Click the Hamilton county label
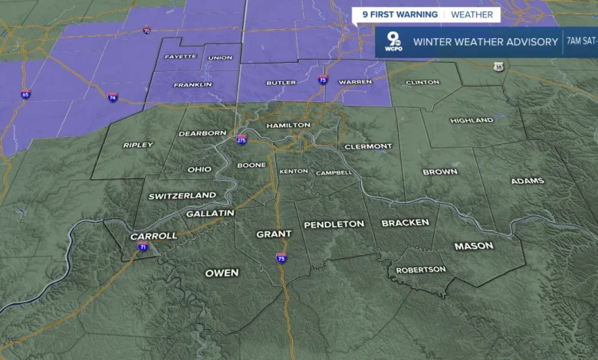pyautogui.click(x=288, y=125)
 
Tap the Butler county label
pyautogui.click(x=280, y=83)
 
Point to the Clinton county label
pyautogui.click(x=422, y=82)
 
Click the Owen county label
pyautogui.click(x=222, y=273)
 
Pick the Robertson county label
pyautogui.click(x=420, y=270)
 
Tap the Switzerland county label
pyautogui.click(x=182, y=196)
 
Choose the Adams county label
pyautogui.click(x=527, y=181)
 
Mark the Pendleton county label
pyautogui.click(x=333, y=224)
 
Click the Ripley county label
pyautogui.click(x=138, y=145)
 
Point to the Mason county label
pyautogui.click(x=474, y=246)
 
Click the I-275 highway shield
pyautogui.click(x=241, y=140)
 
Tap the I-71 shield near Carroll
pyautogui.click(x=143, y=247)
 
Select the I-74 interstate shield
pyautogui.click(x=113, y=97)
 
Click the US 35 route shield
pyautogui.click(x=499, y=67)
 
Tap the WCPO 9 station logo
pyautogui.click(x=393, y=41)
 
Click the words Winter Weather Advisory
pyautogui.click(x=485, y=41)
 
